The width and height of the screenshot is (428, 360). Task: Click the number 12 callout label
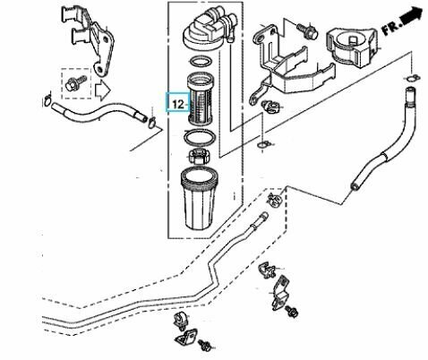tap(176, 103)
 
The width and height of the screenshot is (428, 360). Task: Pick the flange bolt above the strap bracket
tap(306, 30)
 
